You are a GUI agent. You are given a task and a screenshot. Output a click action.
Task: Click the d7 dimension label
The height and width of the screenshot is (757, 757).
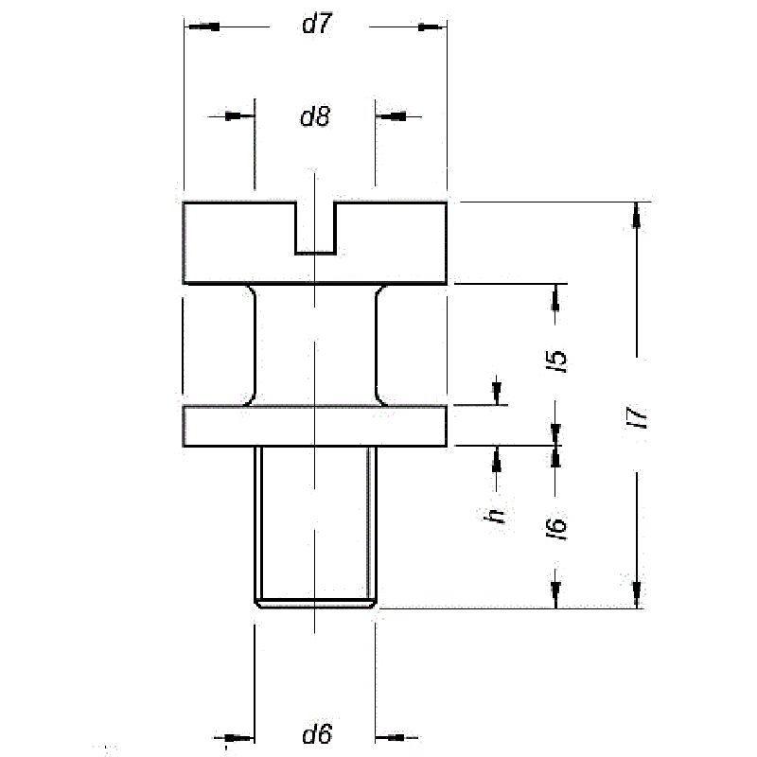[x=317, y=24]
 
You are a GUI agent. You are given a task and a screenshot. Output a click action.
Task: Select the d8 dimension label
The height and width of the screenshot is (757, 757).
[x=315, y=116]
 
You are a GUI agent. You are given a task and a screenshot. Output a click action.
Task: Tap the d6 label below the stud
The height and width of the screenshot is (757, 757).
[x=317, y=734]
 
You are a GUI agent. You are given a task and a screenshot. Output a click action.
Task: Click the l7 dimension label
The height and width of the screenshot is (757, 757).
[x=637, y=417]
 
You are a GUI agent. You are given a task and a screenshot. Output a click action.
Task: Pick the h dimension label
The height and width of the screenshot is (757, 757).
[x=494, y=516]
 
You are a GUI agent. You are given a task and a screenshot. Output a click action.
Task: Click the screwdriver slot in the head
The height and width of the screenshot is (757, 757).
[x=316, y=227]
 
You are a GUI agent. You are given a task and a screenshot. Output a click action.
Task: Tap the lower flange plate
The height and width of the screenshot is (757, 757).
[x=315, y=426]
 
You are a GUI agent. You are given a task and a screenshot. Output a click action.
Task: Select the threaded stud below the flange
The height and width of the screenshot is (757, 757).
[x=315, y=526]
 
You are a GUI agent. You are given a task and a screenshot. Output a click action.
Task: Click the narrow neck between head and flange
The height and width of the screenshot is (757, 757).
[x=315, y=344]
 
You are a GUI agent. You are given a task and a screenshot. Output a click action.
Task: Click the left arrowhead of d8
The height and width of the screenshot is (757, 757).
[x=240, y=116]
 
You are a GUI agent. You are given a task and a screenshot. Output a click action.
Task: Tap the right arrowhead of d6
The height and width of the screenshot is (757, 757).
[x=391, y=737]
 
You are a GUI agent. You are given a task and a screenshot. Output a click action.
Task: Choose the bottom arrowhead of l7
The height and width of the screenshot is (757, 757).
[x=637, y=595]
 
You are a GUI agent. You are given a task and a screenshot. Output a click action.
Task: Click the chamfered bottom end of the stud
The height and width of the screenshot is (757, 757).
[x=315, y=604]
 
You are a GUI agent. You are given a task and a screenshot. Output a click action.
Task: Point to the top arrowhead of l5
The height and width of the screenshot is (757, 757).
[x=555, y=298]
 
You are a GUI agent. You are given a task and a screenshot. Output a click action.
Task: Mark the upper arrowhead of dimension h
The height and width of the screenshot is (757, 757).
[x=496, y=392]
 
